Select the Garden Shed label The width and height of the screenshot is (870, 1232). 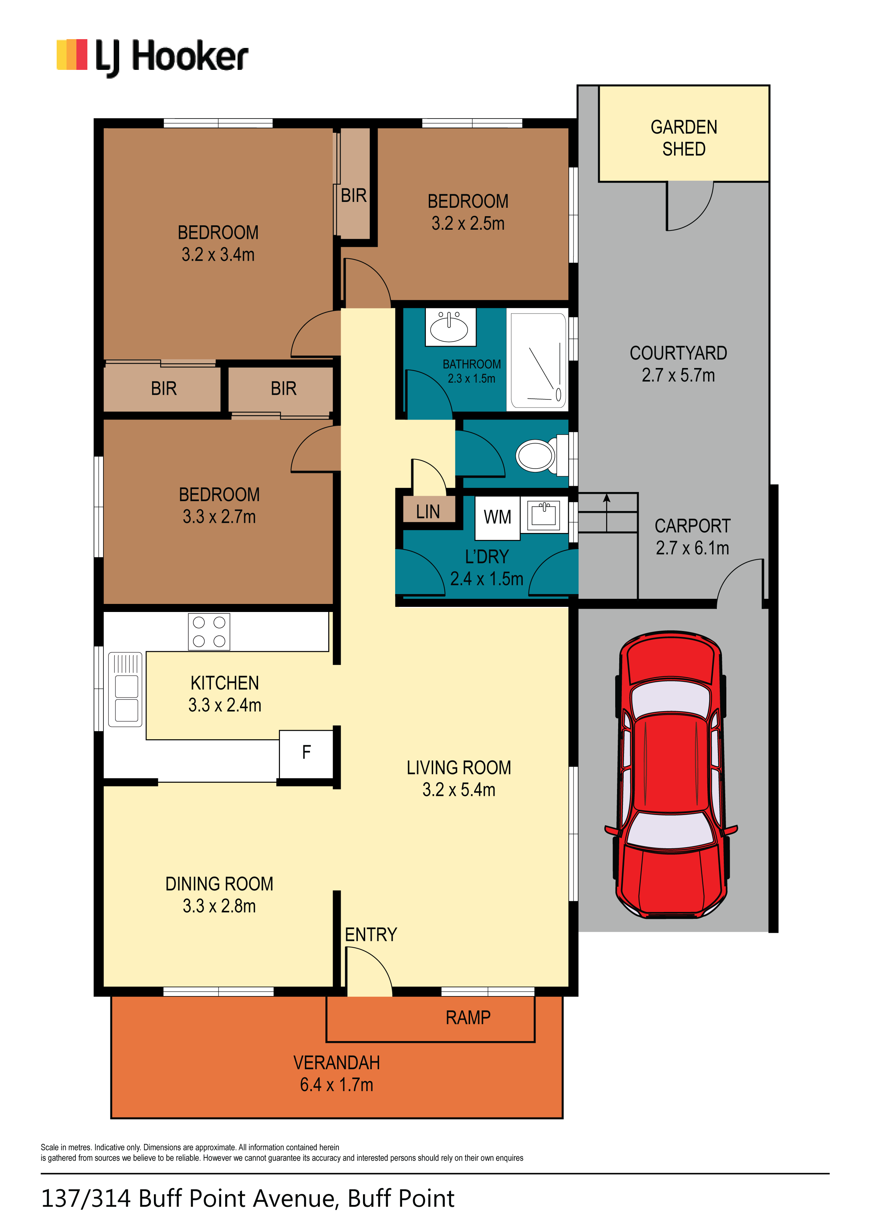click(x=684, y=138)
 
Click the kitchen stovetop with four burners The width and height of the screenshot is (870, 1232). click(x=209, y=632)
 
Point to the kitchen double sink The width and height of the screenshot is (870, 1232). click(x=126, y=689)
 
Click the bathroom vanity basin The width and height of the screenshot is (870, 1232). click(x=450, y=326)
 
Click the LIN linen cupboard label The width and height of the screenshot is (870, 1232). click(x=428, y=512)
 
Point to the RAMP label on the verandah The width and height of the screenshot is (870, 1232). click(x=468, y=1017)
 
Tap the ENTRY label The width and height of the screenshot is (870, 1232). click(x=371, y=935)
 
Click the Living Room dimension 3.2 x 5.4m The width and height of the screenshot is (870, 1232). click(x=459, y=790)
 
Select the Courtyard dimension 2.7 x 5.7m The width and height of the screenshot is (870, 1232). click(x=678, y=375)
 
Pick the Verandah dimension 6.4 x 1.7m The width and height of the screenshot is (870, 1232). click(x=336, y=1085)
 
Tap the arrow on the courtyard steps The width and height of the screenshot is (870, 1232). click(x=607, y=512)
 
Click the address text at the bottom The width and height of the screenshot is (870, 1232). click(x=248, y=1198)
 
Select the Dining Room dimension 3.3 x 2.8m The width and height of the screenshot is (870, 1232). click(x=219, y=906)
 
